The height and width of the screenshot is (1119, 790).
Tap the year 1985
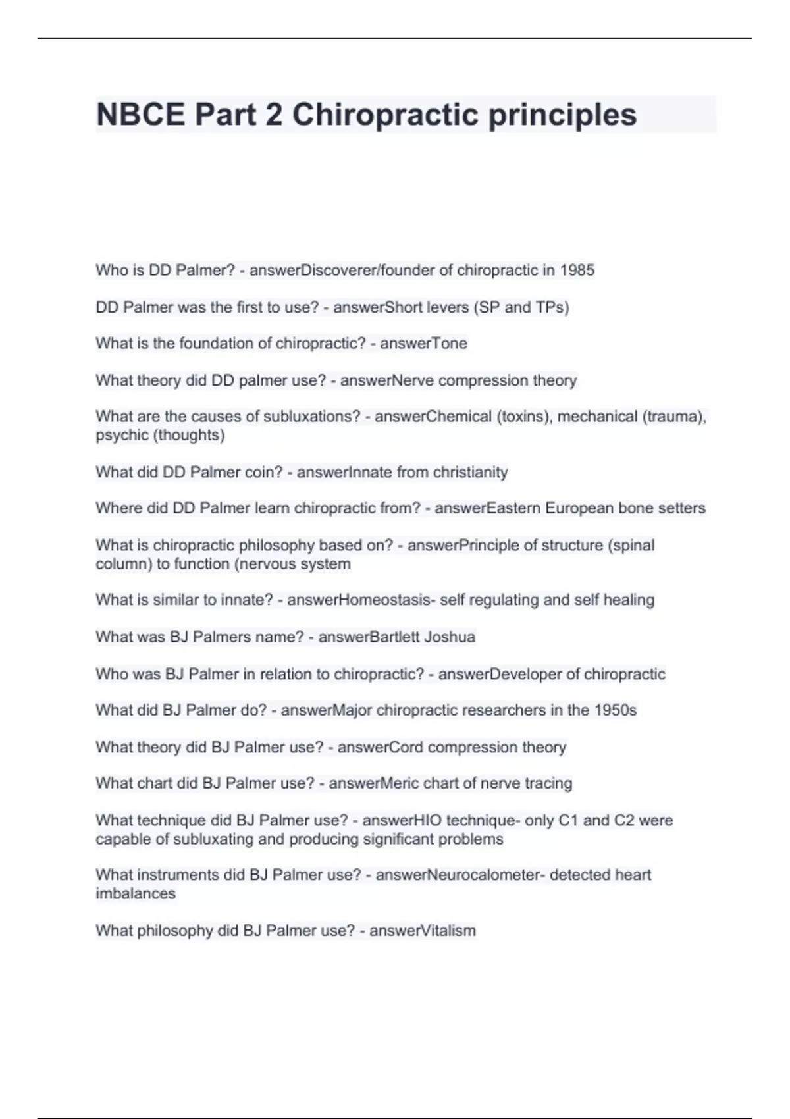click(577, 270)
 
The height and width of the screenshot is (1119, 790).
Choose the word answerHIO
click(402, 820)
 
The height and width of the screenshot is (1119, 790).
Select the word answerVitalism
click(422, 931)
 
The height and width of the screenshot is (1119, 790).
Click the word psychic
click(122, 435)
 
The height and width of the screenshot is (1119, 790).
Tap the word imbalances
click(135, 893)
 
